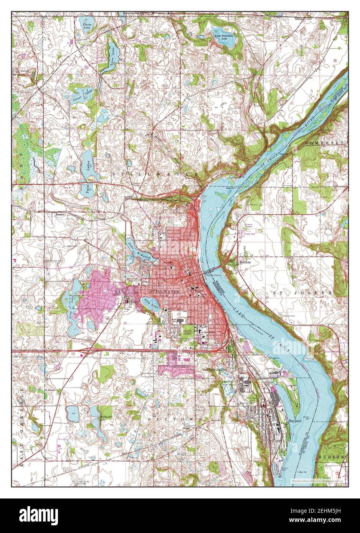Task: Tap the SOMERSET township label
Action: (x=326, y=142)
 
